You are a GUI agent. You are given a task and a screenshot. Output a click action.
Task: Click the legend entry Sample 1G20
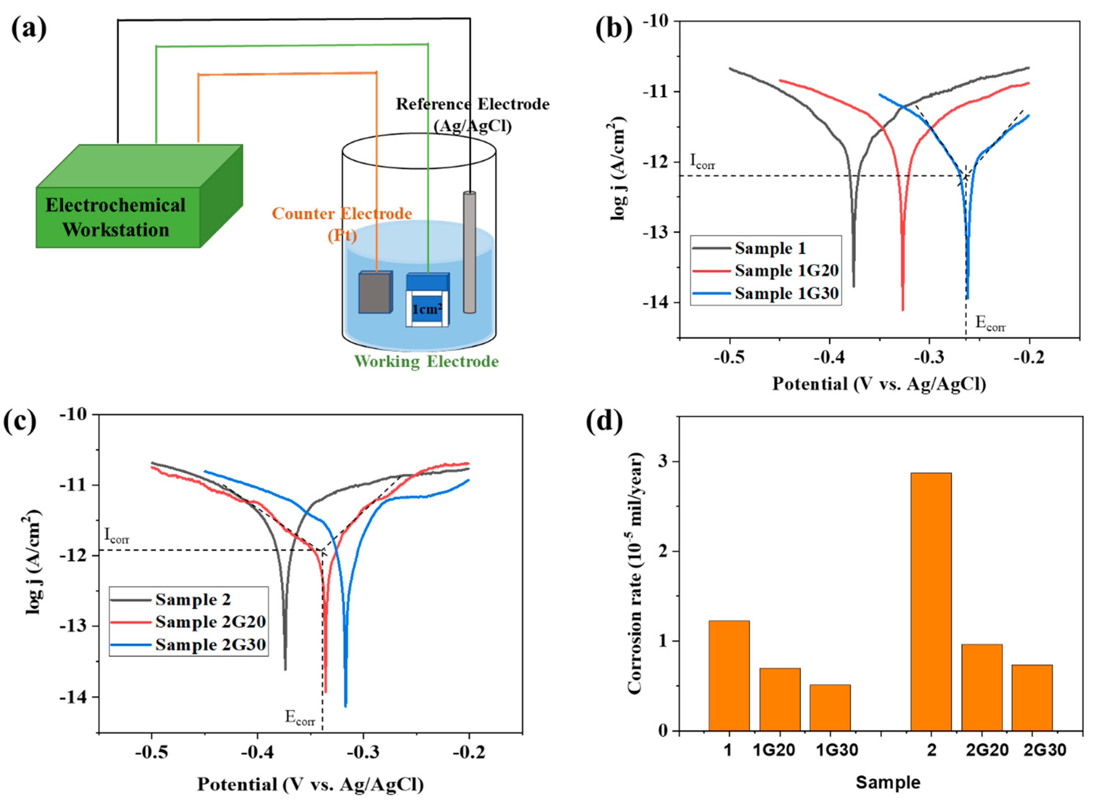(x=786, y=270)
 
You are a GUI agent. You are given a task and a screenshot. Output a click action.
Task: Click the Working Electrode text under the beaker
(x=426, y=362)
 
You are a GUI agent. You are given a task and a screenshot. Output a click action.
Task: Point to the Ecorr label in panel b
(x=990, y=323)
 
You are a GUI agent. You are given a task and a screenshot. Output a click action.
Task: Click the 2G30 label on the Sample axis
(x=1044, y=750)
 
